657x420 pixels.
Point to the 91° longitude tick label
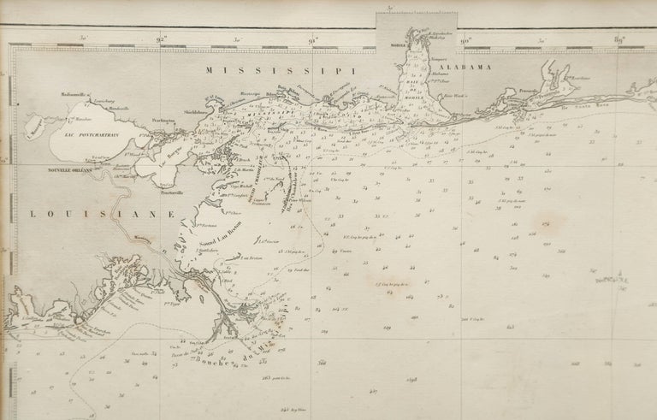(314, 38)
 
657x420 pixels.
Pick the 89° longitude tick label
(618, 38)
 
